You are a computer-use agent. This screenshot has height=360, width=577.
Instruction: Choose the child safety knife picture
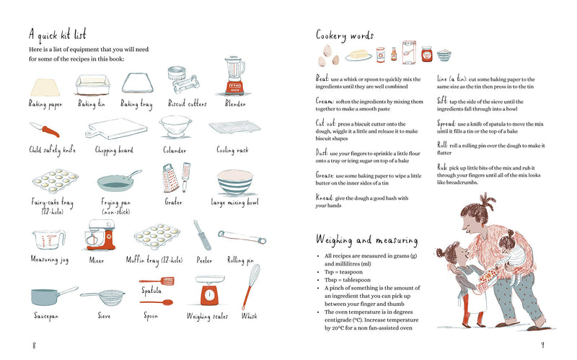(x=46, y=131)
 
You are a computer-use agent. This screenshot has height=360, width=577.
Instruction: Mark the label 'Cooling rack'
(x=232, y=151)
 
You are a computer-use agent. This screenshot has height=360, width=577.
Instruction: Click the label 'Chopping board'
(x=115, y=151)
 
